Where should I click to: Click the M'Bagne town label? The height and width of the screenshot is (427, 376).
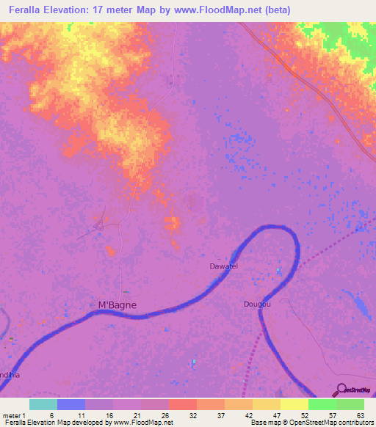point(117,304)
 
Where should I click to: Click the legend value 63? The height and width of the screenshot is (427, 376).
point(360,415)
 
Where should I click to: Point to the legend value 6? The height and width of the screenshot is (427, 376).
point(51,415)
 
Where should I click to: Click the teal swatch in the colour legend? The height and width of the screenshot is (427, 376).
point(43,404)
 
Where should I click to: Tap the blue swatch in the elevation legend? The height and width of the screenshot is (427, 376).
point(71,404)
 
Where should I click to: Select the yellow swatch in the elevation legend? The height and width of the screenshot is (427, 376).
point(294,404)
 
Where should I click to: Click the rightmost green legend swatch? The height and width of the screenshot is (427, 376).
point(350,404)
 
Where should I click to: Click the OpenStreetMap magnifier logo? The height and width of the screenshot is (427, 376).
point(342,390)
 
